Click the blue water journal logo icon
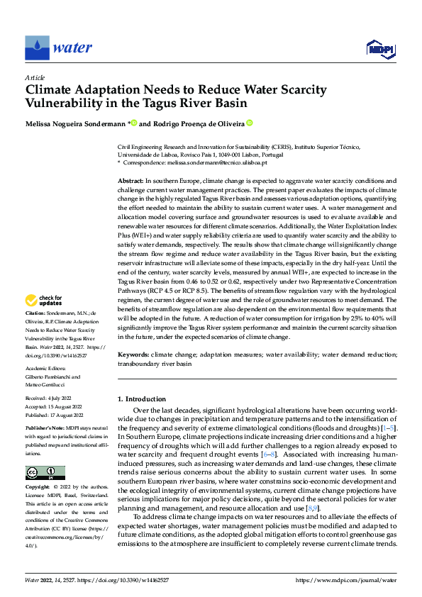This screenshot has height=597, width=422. click(x=37, y=48)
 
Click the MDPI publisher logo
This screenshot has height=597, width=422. click(x=380, y=48)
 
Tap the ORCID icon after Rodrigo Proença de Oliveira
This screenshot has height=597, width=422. click(x=250, y=123)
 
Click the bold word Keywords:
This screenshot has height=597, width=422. click(x=134, y=353)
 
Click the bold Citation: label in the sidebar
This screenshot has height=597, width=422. click(x=36, y=333)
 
